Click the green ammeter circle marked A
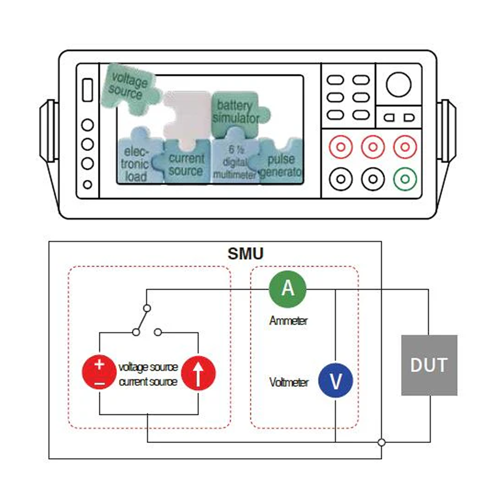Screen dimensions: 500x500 click(x=287, y=289)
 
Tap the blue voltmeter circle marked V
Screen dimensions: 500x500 click(x=336, y=380)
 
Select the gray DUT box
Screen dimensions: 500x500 click(x=429, y=365)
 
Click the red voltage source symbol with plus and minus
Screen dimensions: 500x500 click(x=99, y=372)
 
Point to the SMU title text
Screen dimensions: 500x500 click(x=245, y=253)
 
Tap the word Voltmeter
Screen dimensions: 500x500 click(x=289, y=382)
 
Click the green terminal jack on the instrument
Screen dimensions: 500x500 click(x=404, y=177)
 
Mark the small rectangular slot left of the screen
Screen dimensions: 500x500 click(x=87, y=89)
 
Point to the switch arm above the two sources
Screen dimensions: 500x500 click(x=141, y=318)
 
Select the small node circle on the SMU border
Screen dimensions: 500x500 click(x=381, y=442)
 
